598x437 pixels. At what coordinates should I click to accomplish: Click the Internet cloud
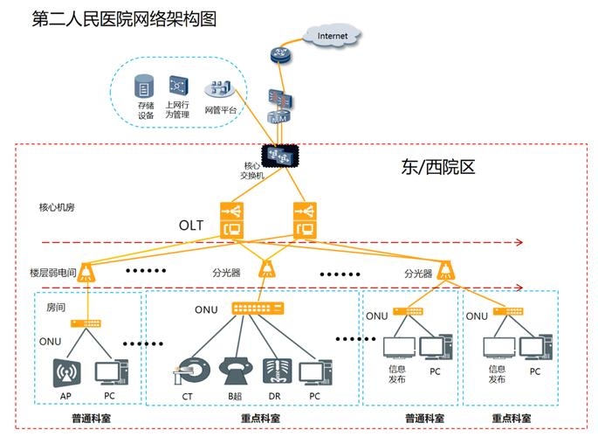pyautogui.click(x=332, y=36)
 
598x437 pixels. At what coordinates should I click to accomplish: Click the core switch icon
pyautogui.click(x=281, y=155)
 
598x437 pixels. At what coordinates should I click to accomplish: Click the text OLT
pyautogui.click(x=191, y=225)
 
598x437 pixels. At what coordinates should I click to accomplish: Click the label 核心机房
pyautogui.click(x=58, y=208)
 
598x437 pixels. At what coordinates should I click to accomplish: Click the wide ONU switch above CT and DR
pyautogui.click(x=257, y=308)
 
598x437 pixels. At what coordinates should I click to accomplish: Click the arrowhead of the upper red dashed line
pyautogui.click(x=518, y=242)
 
